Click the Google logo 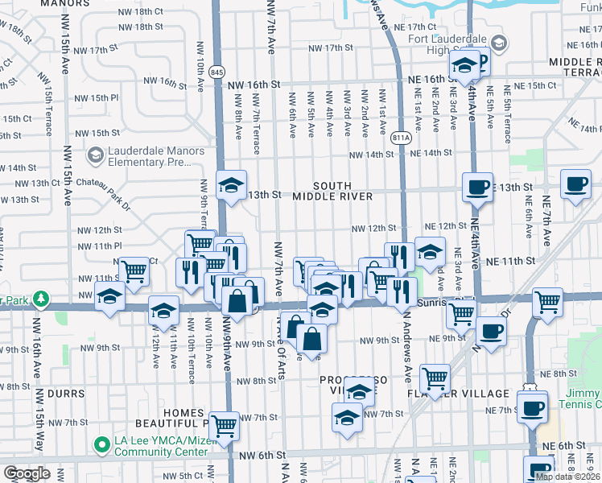point(27,473)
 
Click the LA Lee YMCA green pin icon point(101,444)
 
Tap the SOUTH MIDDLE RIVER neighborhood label point(332,191)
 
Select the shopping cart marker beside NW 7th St point(224,425)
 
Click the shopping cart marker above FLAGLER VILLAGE point(435,378)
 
